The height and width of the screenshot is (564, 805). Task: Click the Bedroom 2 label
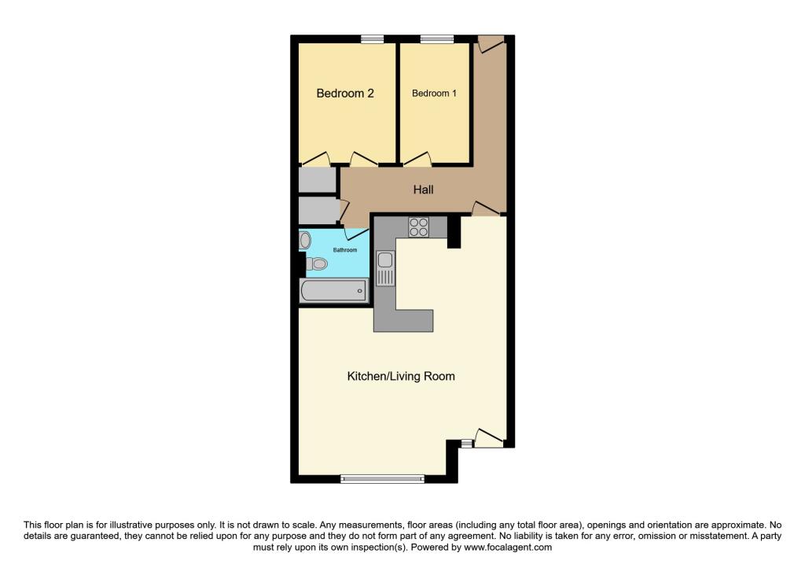tap(345, 94)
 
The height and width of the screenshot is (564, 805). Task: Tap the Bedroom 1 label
tap(434, 94)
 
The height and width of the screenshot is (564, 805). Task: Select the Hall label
tap(423, 190)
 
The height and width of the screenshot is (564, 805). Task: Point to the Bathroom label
tap(345, 250)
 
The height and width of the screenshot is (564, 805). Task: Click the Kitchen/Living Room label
tap(401, 377)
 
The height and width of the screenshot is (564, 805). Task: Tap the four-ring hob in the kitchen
tap(418, 227)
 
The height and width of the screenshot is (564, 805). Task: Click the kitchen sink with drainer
tap(385, 268)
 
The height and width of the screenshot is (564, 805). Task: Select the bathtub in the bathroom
tap(333, 291)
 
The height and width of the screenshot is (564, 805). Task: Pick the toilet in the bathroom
tap(316, 264)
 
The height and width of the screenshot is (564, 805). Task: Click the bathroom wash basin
tap(305, 240)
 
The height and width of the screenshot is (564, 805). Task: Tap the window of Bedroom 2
tap(372, 39)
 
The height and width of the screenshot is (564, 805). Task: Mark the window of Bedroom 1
tap(437, 39)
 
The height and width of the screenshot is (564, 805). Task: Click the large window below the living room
tap(383, 479)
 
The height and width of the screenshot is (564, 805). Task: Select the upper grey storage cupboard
tap(318, 180)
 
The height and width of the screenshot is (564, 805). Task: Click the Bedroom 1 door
tap(417, 159)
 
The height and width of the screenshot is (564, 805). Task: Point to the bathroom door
tap(355, 234)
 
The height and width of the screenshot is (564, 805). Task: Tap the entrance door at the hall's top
tap(491, 44)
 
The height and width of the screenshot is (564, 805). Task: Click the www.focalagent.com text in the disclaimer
tap(508, 547)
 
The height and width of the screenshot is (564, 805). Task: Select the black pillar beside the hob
tap(454, 232)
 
